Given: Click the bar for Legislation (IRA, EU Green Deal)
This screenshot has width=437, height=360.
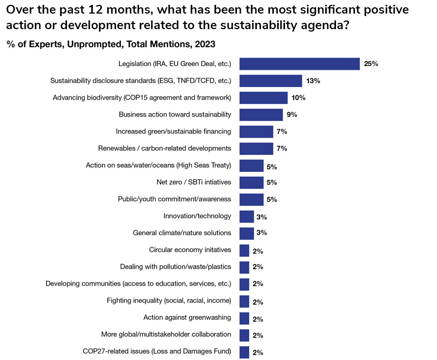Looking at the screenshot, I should coord(299,64).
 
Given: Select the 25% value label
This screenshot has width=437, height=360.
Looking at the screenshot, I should coord(371,64).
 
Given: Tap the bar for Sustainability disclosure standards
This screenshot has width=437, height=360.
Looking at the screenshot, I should coord(270,81).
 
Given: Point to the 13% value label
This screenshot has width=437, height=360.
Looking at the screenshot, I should coord(313,81).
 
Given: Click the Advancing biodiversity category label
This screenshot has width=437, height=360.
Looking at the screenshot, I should coord(142,98).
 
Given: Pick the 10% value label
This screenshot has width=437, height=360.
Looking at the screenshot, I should coord(299,98).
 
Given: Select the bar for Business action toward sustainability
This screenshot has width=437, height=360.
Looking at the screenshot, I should coord(261,115).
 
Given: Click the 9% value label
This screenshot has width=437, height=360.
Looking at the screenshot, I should coord(292,115).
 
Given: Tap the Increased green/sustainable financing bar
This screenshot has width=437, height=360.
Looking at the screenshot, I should coord(256,131).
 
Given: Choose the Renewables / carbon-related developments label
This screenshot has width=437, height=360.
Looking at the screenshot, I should coord(165,148).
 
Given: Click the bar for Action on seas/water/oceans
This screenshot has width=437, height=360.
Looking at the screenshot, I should coord(251,166).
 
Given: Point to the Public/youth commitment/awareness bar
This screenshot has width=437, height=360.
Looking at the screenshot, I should coord(251,199).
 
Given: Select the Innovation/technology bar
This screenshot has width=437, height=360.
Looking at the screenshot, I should coord(246,216).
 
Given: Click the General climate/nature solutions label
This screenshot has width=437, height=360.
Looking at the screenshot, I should coord(182,233).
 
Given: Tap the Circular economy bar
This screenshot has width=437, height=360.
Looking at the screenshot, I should coord(244,250).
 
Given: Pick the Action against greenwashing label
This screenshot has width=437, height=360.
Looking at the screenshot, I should coord(187,318).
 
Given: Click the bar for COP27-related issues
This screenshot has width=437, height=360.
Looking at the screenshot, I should coord(244,352).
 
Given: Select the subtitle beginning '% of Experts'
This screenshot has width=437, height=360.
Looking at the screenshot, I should coord(111,44).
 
